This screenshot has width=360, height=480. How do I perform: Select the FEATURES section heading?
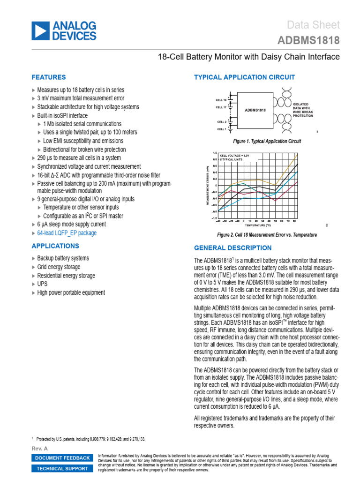click(x=48, y=77)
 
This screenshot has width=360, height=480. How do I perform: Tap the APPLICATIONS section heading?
click(x=55, y=246)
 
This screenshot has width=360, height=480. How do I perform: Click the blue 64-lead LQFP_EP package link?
click(x=67, y=233)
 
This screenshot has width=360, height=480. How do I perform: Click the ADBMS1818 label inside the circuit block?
click(x=255, y=111)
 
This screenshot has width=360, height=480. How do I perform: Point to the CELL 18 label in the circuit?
click(x=221, y=100)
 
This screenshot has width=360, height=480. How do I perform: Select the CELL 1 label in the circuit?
click(x=221, y=129)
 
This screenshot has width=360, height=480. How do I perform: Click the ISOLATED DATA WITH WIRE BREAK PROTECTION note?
click(x=303, y=110)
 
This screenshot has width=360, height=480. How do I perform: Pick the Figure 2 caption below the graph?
click(x=267, y=235)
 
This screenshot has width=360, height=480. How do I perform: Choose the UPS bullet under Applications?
click(x=42, y=284)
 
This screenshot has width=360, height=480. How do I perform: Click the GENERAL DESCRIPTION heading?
click(x=232, y=248)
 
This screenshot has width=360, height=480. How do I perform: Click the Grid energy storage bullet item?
click(x=59, y=267)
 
